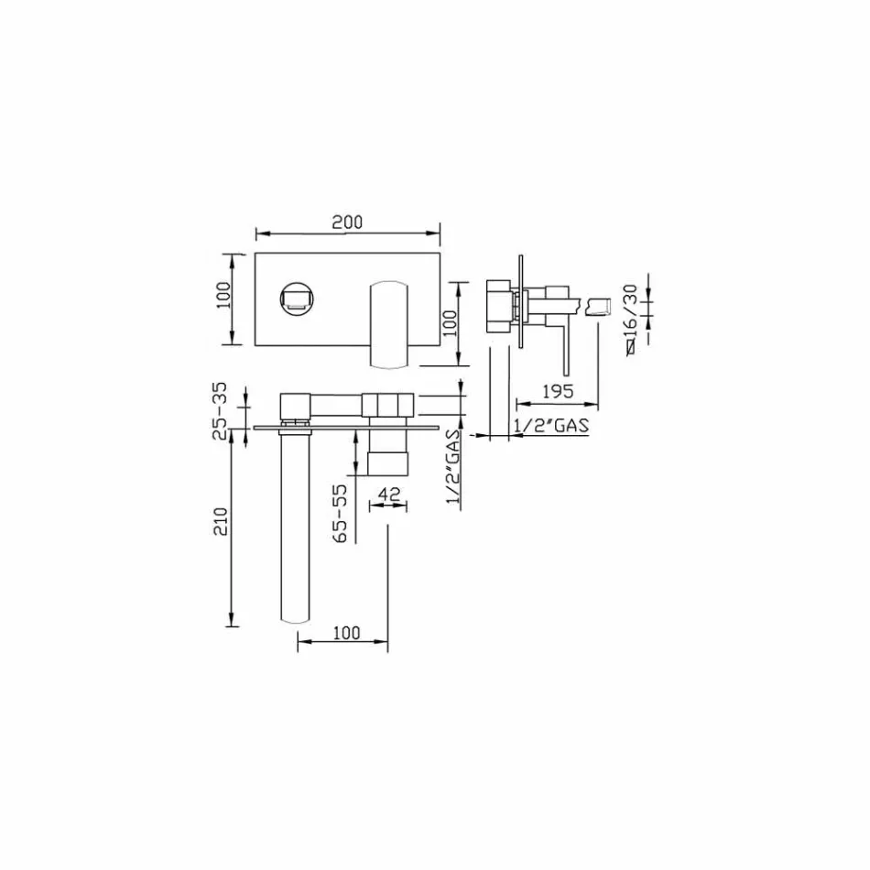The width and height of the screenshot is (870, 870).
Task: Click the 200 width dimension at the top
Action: point(347,223)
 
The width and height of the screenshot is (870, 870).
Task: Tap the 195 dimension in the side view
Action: point(558,390)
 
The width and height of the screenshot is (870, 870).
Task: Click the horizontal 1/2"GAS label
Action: point(551,426)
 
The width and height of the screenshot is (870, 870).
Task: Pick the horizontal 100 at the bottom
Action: point(345,633)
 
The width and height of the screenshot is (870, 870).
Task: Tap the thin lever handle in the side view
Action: point(565,343)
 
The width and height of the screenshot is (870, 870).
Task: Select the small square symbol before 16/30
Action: point(630,349)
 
